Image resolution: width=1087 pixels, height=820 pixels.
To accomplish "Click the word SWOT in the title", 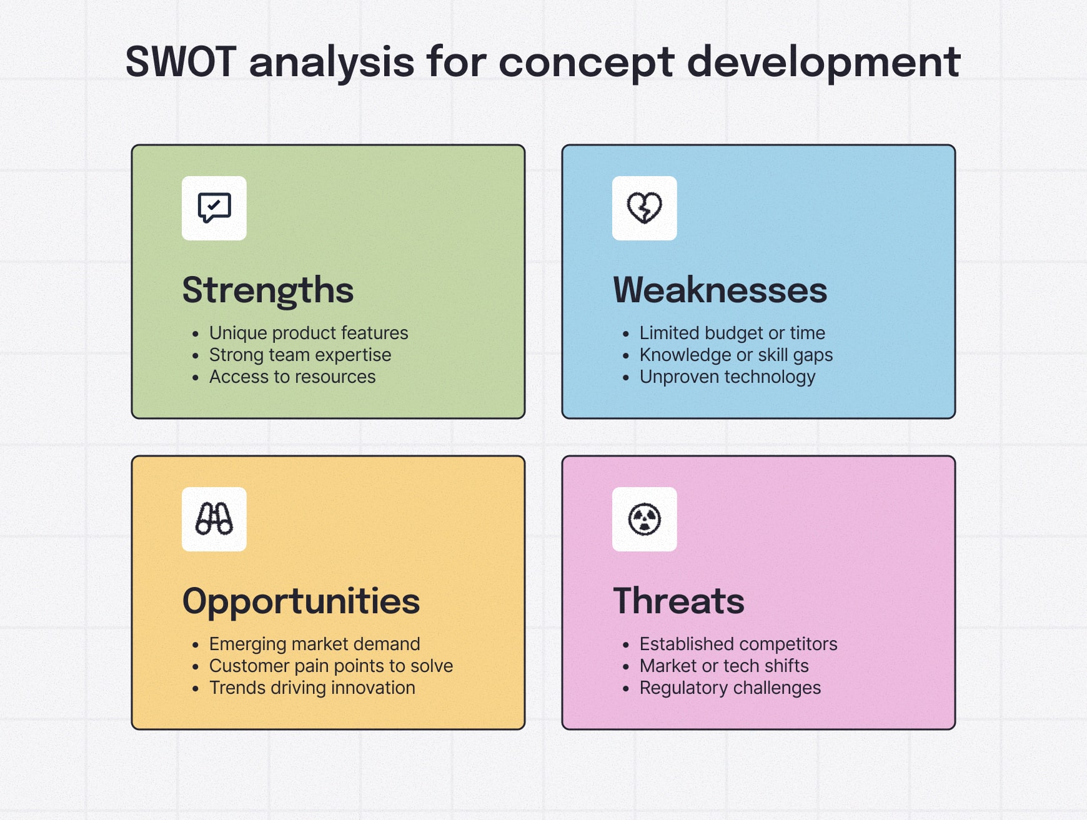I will point(180,62).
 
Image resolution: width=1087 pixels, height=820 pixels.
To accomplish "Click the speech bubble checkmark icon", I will point(214,208).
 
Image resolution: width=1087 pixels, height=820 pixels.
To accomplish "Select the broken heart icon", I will point(644,208).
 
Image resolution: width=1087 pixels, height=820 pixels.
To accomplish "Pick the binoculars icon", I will point(214,519).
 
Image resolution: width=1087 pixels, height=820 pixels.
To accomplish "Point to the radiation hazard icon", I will point(644,519).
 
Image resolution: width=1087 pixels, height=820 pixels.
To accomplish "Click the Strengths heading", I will point(268,290).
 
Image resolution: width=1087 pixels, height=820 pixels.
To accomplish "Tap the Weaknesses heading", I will point(720,290).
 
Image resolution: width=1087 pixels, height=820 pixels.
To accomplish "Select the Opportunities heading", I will point(300,601).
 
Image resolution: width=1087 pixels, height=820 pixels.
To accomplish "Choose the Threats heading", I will point(678,601).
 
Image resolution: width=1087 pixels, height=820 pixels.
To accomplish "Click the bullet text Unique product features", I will point(308,333).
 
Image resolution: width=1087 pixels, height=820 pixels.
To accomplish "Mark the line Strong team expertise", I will point(300,355).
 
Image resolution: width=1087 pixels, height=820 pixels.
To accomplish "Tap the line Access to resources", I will point(292,377).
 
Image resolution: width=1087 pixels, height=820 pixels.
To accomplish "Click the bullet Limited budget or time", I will point(732,333).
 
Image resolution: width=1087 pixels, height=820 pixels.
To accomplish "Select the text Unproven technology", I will point(727,377).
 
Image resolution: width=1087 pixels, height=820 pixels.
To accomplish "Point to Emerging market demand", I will point(314,644).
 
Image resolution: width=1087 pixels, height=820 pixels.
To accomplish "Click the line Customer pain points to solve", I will point(330,666).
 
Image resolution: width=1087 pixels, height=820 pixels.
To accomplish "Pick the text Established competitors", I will point(738,644).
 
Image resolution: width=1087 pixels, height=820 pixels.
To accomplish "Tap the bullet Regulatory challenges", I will point(730,688).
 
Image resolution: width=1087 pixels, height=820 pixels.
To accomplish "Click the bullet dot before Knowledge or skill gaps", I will point(625,356).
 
